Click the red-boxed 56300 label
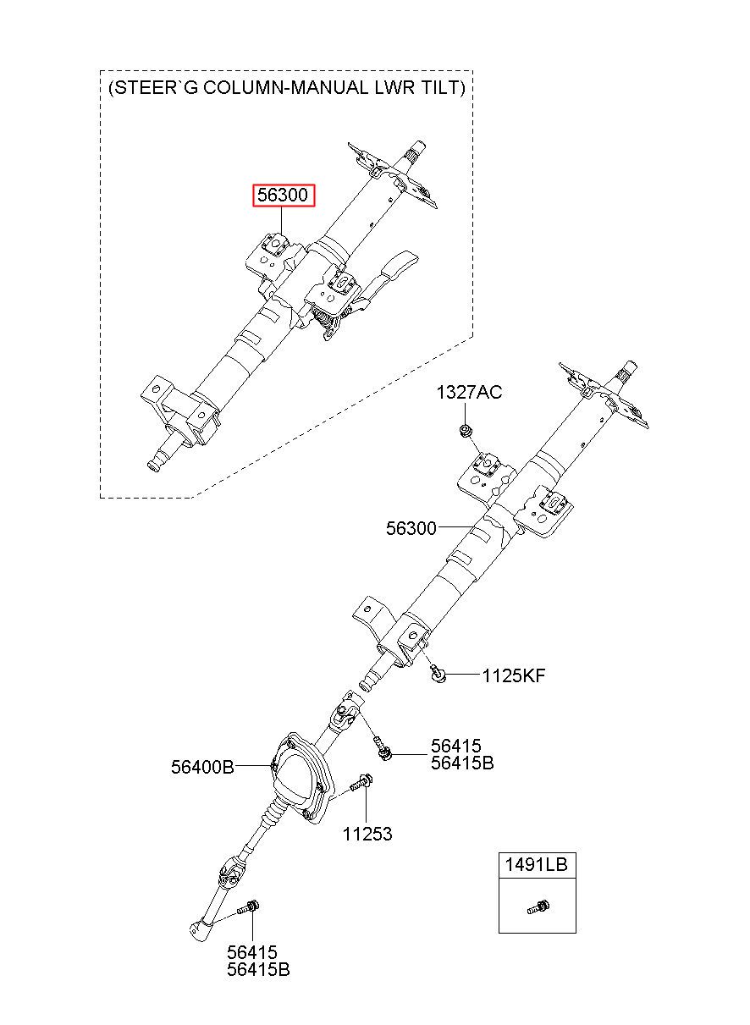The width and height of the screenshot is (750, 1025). (284, 196)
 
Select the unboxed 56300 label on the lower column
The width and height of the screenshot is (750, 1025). (411, 528)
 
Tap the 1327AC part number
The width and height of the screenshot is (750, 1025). (469, 392)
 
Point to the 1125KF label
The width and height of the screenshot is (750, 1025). (514, 675)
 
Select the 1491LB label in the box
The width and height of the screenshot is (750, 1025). (536, 865)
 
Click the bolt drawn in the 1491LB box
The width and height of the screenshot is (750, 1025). (538, 907)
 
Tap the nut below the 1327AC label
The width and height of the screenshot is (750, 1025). (466, 431)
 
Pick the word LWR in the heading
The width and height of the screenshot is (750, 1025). (391, 87)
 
